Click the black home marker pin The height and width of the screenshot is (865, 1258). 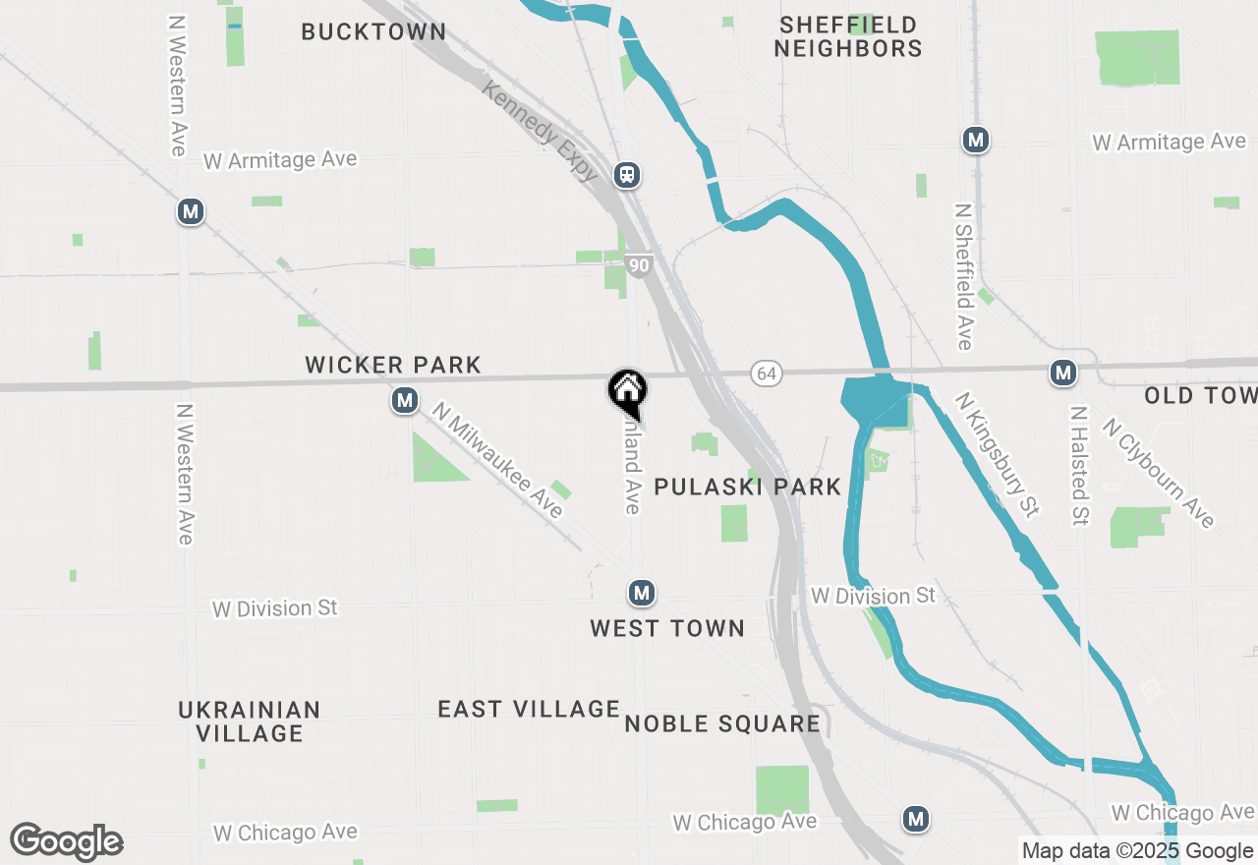627,390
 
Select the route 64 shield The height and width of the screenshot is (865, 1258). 767,374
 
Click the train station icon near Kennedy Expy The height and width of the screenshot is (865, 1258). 627,175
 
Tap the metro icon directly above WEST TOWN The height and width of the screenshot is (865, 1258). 641,593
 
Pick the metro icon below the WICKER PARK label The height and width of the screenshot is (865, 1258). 404,400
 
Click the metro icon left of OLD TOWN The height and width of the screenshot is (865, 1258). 1061,373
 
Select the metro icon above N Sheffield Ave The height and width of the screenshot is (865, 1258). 975,141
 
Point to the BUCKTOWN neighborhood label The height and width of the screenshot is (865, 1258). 373,31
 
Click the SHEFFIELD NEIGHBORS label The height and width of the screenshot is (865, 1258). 847,36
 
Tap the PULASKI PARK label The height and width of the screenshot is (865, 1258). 747,487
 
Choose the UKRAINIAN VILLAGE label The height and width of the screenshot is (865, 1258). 249,721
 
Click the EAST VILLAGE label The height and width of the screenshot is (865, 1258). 529,709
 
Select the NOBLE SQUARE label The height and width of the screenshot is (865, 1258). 722,724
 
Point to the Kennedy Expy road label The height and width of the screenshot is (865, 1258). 541,131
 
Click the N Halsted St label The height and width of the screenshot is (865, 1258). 1079,465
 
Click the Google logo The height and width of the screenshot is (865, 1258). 67,841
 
